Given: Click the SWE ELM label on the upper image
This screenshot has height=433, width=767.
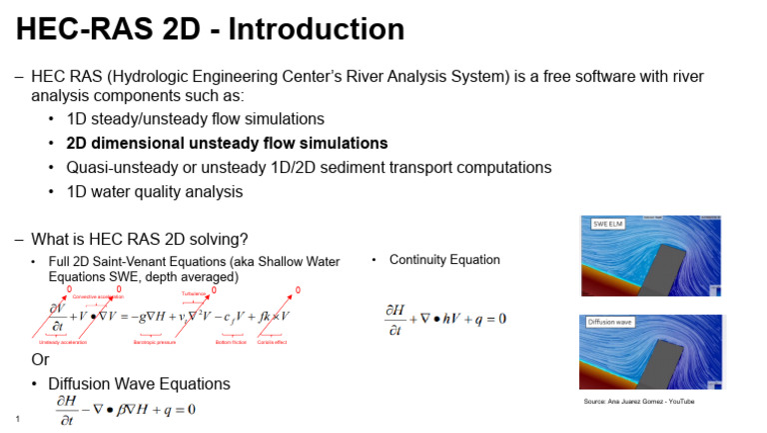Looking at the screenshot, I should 609,224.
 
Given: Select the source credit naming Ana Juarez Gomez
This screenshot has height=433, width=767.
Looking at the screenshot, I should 638,401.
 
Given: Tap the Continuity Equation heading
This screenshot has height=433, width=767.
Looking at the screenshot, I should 444,260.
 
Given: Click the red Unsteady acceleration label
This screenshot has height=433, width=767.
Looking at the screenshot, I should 59,342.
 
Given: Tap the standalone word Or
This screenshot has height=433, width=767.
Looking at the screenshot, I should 40,360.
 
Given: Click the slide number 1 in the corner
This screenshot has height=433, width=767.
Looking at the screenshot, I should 18,418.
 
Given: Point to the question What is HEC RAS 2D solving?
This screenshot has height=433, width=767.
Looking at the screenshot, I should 140,239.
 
